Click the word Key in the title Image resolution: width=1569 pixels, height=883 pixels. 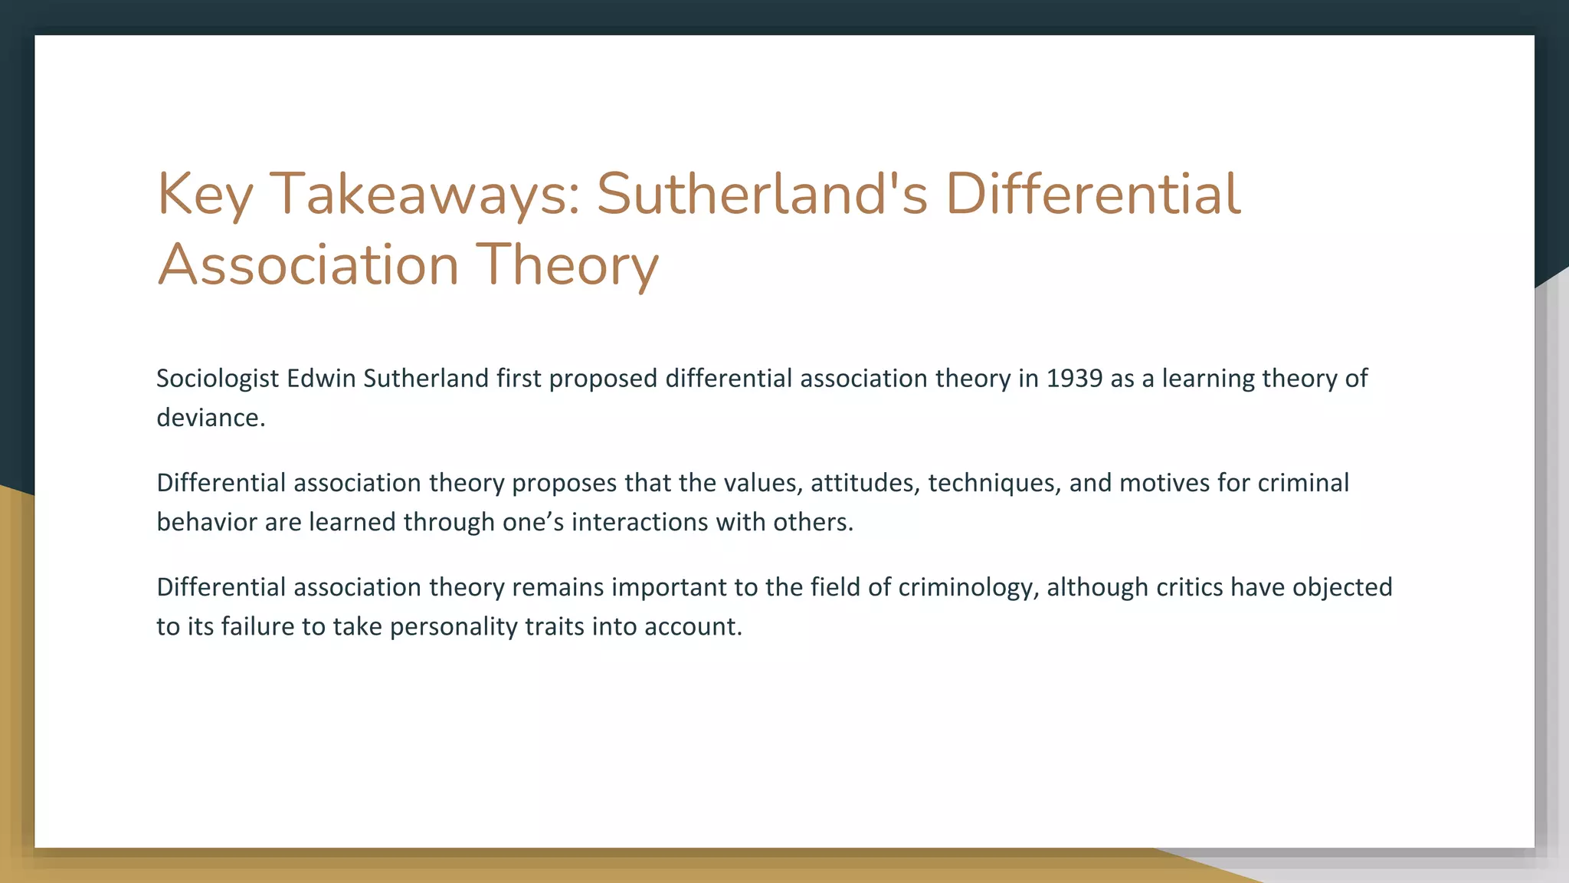tap(205, 194)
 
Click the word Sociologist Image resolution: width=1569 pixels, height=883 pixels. tap(218, 379)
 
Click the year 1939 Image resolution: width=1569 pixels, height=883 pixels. tap(1074, 379)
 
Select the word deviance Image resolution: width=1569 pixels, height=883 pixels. tap(210, 418)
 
